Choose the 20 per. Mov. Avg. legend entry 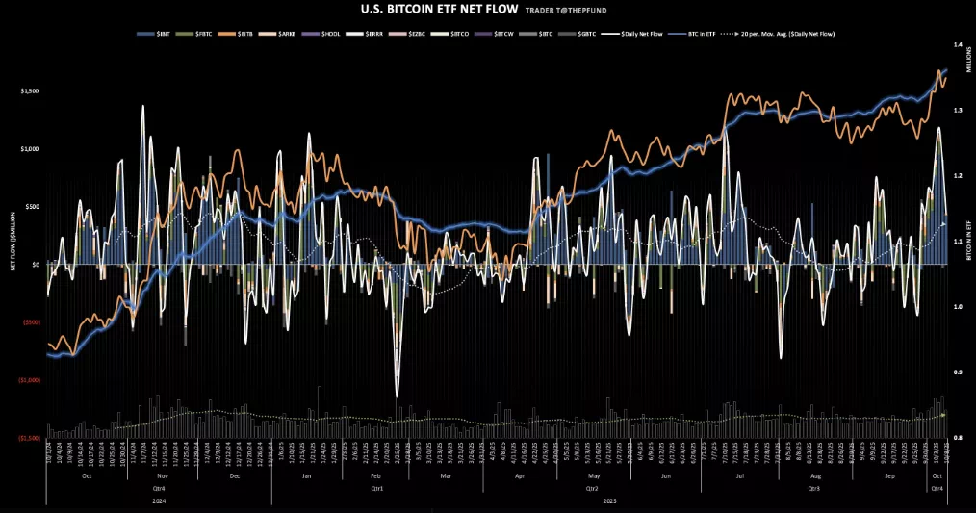pyautogui.click(x=788, y=34)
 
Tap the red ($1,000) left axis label pyautogui.click(x=30, y=380)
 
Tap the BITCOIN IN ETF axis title pyautogui.click(x=965, y=241)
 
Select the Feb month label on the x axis pyautogui.click(x=374, y=476)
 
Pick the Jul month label pyautogui.click(x=740, y=476)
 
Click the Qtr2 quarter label pyautogui.click(x=590, y=489)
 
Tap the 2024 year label pyautogui.click(x=158, y=500)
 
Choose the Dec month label pyautogui.click(x=236, y=476)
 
